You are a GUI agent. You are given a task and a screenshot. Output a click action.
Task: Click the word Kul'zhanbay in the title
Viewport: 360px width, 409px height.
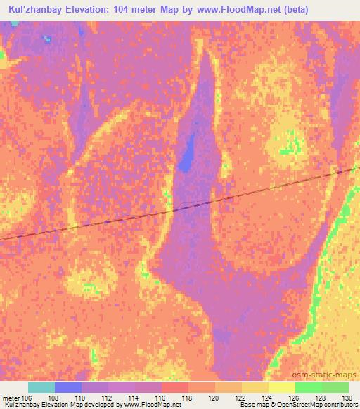pyautogui.click(x=33, y=9)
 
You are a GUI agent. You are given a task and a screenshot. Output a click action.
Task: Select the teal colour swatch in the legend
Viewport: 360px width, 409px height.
pyautogui.click(x=41, y=387)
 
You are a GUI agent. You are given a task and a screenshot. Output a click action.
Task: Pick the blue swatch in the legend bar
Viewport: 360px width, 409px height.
pyautogui.click(x=68, y=387)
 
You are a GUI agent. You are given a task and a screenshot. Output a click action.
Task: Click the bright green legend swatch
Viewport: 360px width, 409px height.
pyautogui.click(x=308, y=387)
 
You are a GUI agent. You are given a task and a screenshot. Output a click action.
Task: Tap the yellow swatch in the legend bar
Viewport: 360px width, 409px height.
pyautogui.click(x=281, y=387)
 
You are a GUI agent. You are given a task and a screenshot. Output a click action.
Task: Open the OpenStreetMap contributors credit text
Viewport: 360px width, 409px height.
pyautogui.click(x=316, y=405)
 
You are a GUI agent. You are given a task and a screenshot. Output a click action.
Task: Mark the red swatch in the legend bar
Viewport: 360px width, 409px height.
pyautogui.click(x=174, y=387)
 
